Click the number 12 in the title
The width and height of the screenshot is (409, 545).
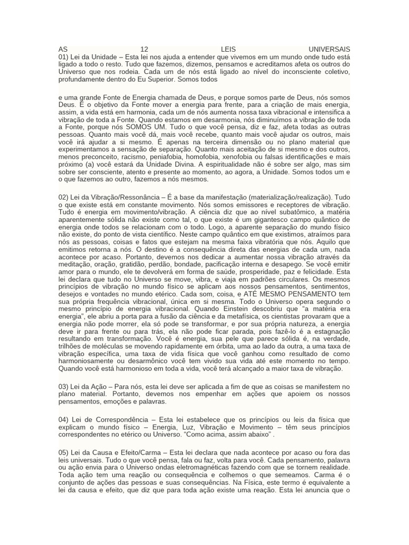[x=145, y=49]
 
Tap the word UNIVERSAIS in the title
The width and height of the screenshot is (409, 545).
[x=329, y=49]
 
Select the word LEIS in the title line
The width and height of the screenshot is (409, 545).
[x=228, y=49]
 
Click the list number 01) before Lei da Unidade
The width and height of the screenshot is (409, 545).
[x=65, y=56]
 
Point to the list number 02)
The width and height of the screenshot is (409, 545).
[x=65, y=197]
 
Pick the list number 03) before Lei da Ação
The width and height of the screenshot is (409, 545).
[x=65, y=386]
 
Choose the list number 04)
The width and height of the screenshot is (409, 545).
[x=65, y=420]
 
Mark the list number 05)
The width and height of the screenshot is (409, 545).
[x=65, y=453]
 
